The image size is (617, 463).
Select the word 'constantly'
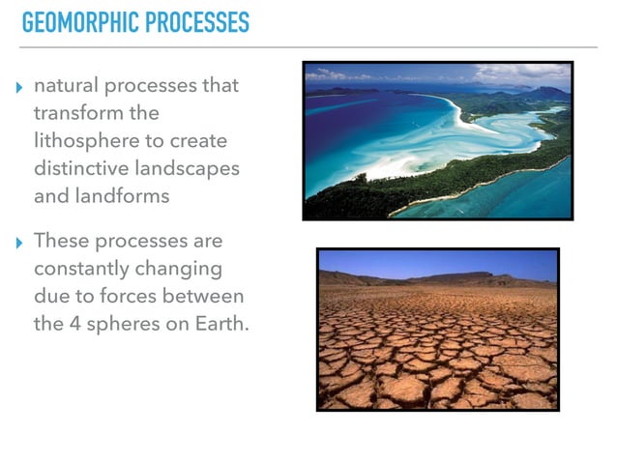tap(78, 268)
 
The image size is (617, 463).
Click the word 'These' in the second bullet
tap(58, 240)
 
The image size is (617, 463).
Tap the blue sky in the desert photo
tap(437, 263)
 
